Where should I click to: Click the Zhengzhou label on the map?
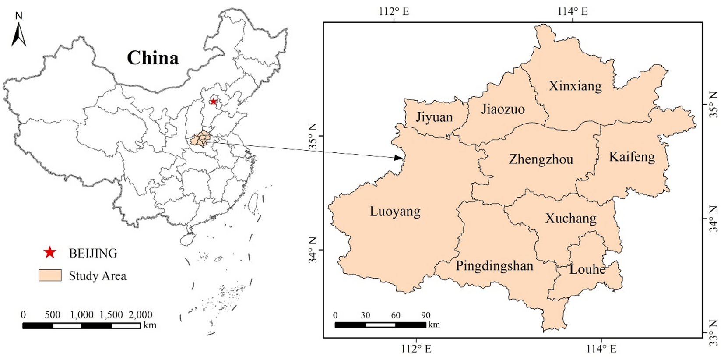(x=541, y=159)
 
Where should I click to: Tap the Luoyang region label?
(x=395, y=212)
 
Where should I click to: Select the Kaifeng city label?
(x=632, y=157)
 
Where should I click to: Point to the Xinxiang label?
(x=575, y=86)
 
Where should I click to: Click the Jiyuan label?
(x=434, y=117)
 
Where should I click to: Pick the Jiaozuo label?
(x=503, y=109)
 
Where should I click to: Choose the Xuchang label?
(x=570, y=218)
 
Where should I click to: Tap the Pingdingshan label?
(x=494, y=266)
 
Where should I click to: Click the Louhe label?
(x=587, y=269)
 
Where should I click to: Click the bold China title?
(x=153, y=58)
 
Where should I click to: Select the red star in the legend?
(x=50, y=253)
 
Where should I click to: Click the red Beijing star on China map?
(x=213, y=102)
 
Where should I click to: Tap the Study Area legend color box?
(x=50, y=275)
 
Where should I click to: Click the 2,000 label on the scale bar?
(x=140, y=314)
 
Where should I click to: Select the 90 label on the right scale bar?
(x=425, y=315)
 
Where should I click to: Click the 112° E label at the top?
(x=394, y=11)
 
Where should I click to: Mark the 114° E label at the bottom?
(x=601, y=349)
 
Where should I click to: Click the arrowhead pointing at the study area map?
(x=398, y=158)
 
